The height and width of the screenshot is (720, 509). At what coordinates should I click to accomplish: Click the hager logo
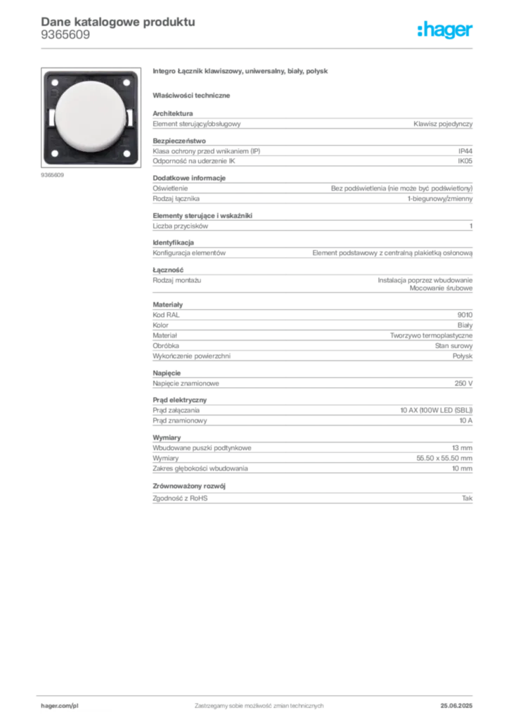click(x=445, y=30)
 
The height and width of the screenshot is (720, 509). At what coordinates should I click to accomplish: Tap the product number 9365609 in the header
click(x=65, y=35)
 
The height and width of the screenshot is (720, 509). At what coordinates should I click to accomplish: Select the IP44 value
click(x=465, y=151)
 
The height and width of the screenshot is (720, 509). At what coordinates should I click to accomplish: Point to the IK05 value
click(x=465, y=161)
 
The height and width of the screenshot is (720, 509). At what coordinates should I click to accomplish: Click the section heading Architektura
click(x=172, y=113)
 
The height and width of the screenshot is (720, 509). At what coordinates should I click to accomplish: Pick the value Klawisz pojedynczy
click(x=443, y=124)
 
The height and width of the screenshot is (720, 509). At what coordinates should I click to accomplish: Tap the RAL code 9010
click(x=465, y=315)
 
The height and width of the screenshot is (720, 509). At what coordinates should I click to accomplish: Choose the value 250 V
click(x=463, y=383)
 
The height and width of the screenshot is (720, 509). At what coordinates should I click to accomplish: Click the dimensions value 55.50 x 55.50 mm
click(x=444, y=458)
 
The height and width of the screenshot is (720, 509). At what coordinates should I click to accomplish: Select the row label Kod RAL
click(x=166, y=315)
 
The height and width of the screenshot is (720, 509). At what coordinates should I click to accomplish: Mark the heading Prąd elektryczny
click(x=180, y=400)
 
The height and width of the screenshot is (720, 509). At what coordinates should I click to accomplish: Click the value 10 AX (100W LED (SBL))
click(x=437, y=410)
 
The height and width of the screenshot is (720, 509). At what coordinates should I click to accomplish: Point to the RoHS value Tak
click(x=468, y=499)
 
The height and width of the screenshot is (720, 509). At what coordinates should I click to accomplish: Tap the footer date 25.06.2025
click(x=456, y=706)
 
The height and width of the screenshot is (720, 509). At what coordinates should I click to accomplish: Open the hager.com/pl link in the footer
click(x=60, y=706)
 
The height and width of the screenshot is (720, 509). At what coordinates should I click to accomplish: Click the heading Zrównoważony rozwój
click(x=189, y=486)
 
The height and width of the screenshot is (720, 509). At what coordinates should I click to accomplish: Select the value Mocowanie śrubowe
click(x=441, y=288)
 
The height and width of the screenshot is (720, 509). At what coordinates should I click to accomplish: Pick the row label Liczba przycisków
click(x=181, y=226)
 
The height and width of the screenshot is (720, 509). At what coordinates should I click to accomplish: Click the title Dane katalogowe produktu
click(x=118, y=22)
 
